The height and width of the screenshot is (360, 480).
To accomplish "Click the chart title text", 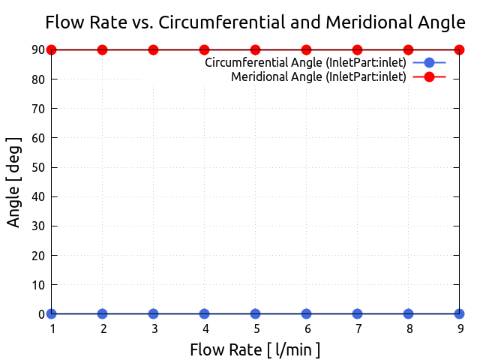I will point(255,22).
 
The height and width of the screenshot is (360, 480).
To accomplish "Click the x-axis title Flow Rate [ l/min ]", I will point(255,349).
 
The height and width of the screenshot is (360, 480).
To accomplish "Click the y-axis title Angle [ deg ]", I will point(13,181).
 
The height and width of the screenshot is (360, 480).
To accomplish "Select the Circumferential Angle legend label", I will point(305,62).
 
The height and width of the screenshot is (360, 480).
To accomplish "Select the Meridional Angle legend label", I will point(318,76).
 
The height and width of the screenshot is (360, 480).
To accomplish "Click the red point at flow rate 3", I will point(153,49).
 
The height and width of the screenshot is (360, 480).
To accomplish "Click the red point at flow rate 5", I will point(255,49).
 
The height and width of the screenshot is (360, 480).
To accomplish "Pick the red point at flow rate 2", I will point(102,49).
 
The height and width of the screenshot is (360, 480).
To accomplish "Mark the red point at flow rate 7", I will point(357,49).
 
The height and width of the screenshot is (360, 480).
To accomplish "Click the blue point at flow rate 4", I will point(204,313).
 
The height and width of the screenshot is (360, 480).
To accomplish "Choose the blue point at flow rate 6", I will point(306,313).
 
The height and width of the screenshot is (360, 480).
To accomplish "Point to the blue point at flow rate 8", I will point(408,313).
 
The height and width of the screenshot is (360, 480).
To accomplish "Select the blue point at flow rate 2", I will point(102,313).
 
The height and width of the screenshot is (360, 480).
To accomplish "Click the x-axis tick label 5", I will point(256,328).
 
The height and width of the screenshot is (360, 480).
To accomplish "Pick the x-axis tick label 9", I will point(460,328).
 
